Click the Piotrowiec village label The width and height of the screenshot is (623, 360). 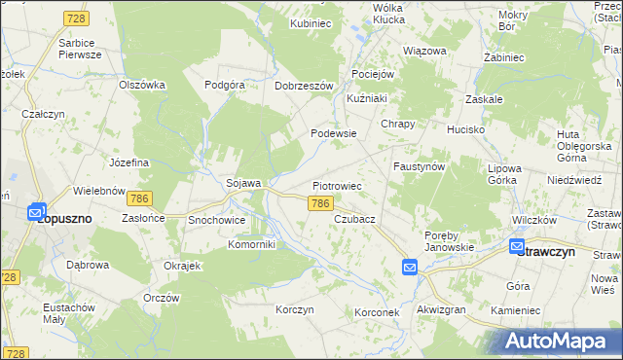pyautogui.click(x=337, y=185)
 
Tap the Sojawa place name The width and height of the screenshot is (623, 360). pyautogui.click(x=243, y=183)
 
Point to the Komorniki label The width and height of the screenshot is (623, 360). pyautogui.click(x=252, y=244)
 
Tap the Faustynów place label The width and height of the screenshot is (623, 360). pyautogui.click(x=419, y=166)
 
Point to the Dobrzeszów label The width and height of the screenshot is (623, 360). pyautogui.click(x=305, y=85)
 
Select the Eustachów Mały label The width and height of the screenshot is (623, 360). pyautogui.click(x=67, y=312)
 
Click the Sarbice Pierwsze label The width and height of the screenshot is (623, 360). pyautogui.click(x=80, y=50)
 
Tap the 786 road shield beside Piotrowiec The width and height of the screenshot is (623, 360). pyautogui.click(x=321, y=204)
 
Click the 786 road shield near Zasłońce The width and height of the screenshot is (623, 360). pyautogui.click(x=140, y=198)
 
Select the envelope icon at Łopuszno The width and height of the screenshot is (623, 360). pyautogui.click(x=36, y=211)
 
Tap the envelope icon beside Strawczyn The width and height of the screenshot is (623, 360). pyautogui.click(x=516, y=247)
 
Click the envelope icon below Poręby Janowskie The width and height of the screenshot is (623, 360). pyautogui.click(x=410, y=266)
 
